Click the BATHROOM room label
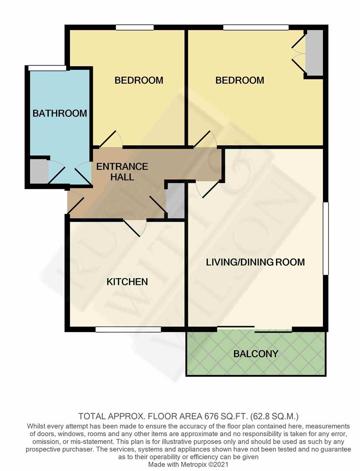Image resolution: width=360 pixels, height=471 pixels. (x=60, y=113)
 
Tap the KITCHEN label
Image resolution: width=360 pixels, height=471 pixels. (x=127, y=282)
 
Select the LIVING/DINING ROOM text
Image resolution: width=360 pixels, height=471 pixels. (x=255, y=262)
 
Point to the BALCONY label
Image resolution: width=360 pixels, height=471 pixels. (x=256, y=354)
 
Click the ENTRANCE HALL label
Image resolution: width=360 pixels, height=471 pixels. (x=122, y=171)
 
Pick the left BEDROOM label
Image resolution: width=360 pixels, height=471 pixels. (x=139, y=80)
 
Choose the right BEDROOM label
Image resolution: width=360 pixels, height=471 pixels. (x=240, y=80)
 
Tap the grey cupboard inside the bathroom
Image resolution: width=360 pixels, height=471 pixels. (x=39, y=171)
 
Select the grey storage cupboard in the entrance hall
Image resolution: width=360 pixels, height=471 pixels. (x=175, y=201)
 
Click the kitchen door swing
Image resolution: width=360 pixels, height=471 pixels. (x=135, y=228)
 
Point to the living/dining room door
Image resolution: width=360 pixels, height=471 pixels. (x=207, y=189)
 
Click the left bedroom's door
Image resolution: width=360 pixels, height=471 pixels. (x=111, y=140)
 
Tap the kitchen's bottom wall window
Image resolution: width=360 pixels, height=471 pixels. (x=128, y=330)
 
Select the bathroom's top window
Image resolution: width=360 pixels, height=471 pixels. (x=47, y=68)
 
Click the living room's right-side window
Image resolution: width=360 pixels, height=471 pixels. (x=326, y=239)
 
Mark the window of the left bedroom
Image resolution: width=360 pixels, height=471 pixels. (x=135, y=27)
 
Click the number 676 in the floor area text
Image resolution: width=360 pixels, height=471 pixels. (x=211, y=416)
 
